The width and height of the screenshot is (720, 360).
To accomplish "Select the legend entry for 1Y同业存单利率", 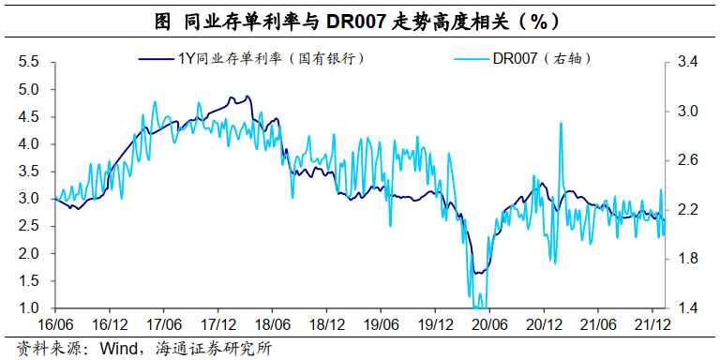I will click(x=272, y=58).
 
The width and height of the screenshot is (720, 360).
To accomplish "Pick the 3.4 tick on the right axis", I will click(x=688, y=63).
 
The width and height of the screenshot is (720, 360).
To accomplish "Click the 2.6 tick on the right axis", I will click(x=688, y=161).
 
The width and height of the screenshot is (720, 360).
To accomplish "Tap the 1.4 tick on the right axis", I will click(x=688, y=308).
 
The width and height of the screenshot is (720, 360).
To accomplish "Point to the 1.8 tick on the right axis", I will click(x=688, y=260).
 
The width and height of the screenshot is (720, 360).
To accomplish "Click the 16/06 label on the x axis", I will click(x=54, y=324).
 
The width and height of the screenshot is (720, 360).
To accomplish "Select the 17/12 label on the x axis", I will click(x=217, y=324).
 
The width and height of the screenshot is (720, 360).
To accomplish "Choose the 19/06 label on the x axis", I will click(x=380, y=324).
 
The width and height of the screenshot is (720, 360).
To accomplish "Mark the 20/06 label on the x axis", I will click(x=487, y=324).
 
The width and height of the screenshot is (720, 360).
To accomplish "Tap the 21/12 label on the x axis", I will click(x=650, y=324).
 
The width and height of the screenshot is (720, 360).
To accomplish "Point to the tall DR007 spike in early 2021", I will click(x=560, y=124).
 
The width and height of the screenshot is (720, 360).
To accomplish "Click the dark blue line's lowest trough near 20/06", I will click(x=477, y=274).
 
